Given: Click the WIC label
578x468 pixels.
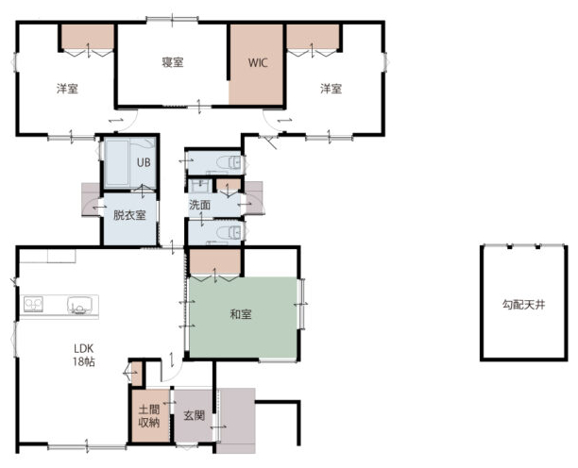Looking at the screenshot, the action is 258,62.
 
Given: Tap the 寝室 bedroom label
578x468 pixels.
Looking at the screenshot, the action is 173,62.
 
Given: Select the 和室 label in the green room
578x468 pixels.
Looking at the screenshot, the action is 241,314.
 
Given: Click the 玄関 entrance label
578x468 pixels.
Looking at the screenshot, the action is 195,416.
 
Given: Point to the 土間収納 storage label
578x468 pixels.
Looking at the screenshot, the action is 149,416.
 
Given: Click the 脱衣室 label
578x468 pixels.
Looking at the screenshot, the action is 129,215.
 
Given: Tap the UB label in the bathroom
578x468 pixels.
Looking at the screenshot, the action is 144,162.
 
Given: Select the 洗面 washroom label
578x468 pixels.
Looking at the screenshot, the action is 199,205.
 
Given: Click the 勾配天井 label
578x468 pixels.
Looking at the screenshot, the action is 523,305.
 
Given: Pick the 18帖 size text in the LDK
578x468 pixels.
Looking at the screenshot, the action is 84,362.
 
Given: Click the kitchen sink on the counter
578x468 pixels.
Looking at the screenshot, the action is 79,306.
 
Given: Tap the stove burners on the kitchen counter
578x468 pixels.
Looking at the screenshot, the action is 33,305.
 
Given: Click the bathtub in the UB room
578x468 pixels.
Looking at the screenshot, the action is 116,162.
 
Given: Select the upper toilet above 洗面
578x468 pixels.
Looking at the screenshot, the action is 229,162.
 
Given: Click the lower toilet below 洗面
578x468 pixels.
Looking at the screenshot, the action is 229,232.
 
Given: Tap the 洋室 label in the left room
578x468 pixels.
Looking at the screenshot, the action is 67,89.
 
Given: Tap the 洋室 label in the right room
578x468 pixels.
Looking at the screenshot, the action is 331,89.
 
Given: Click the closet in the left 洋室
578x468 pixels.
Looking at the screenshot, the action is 88,37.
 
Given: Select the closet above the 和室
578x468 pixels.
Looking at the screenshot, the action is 215,261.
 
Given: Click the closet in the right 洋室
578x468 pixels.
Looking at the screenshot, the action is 313,37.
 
